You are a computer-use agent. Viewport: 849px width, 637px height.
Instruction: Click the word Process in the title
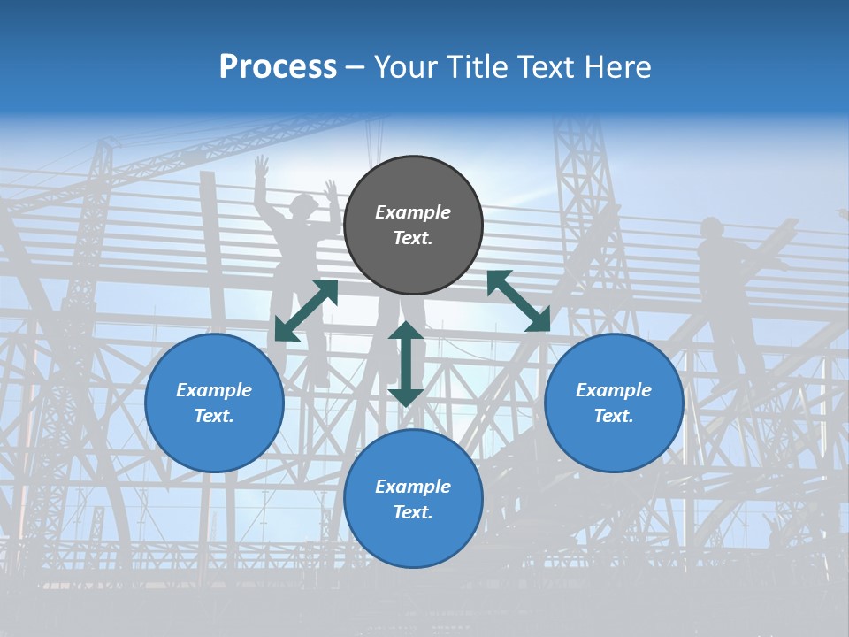(278, 67)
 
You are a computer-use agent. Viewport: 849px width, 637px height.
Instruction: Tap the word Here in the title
(618, 67)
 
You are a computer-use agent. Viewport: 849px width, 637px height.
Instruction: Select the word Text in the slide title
(546, 67)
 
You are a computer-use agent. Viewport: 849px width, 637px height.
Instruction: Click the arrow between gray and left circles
(306, 311)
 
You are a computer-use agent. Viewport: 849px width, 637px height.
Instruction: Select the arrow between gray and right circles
(518, 301)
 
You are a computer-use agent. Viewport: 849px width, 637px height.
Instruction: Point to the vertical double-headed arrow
(406, 364)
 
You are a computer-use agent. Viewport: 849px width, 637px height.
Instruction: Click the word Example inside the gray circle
(413, 212)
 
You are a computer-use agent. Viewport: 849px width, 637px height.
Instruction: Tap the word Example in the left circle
(214, 390)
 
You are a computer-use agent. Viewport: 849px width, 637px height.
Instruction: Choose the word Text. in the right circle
(614, 416)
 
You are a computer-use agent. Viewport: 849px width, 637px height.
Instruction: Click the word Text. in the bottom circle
(413, 512)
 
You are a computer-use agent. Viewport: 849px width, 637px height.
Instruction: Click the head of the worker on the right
(711, 227)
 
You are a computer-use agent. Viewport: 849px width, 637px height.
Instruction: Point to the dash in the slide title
(356, 68)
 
